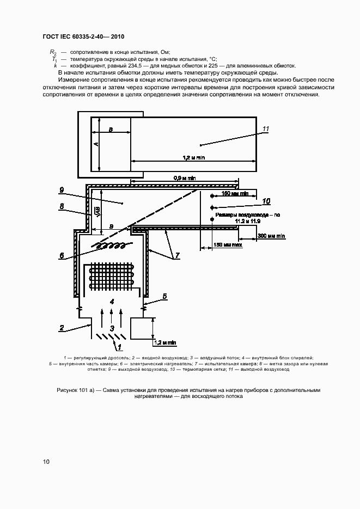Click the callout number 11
pos(266,129)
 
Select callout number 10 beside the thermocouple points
pos(266,201)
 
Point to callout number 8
pos(62,206)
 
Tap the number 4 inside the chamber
pos(111,301)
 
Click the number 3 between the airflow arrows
pos(111,328)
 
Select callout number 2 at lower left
pos(62,328)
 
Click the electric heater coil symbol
pos(109,247)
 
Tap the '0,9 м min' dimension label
pos(185,178)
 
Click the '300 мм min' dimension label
pos(272,236)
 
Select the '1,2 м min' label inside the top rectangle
pos(193,157)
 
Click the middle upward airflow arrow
pos(111,316)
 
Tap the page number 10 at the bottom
pos(46,462)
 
